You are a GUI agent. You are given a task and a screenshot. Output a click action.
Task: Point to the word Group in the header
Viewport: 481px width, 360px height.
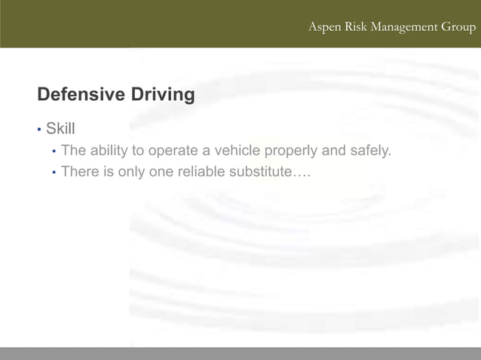(x=459, y=28)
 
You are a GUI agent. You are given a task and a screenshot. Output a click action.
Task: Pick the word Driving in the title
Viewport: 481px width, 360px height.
(x=163, y=95)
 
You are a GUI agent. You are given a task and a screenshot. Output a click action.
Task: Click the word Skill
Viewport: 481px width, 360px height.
(x=60, y=128)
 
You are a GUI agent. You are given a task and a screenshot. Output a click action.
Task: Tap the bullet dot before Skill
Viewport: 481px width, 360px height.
(x=38, y=130)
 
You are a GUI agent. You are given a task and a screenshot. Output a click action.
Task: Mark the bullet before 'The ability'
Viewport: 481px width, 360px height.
(x=54, y=151)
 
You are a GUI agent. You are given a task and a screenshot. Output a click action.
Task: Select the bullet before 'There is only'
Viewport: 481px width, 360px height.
(x=54, y=173)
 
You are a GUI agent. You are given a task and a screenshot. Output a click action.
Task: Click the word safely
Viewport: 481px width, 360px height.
(x=370, y=151)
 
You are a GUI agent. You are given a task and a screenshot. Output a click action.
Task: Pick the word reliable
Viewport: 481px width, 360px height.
(x=201, y=172)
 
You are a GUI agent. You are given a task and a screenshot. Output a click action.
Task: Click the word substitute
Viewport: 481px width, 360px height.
(x=260, y=172)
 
